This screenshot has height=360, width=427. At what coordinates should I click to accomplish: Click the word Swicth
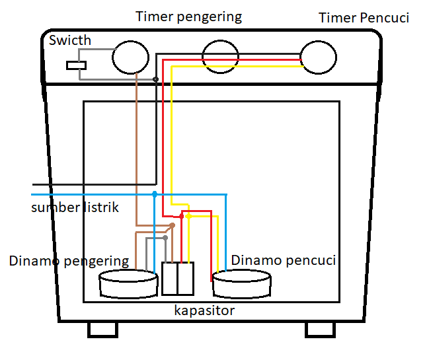click(70, 40)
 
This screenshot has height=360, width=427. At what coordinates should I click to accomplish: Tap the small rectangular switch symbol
click(77, 65)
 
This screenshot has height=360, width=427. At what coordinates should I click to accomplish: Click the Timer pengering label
click(189, 17)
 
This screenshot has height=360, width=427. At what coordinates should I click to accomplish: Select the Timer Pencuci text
click(364, 18)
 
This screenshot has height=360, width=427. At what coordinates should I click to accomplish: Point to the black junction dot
click(155, 79)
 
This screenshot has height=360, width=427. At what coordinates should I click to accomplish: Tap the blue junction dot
click(155, 194)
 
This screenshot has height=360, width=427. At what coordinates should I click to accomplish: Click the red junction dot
click(181, 216)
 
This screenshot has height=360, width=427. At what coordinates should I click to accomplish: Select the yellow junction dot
click(188, 216)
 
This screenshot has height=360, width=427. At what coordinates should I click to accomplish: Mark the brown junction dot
click(173, 225)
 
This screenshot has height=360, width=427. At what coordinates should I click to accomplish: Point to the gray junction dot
click(165, 238)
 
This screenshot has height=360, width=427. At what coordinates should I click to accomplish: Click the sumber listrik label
click(75, 207)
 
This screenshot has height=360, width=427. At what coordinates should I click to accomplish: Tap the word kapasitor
click(204, 310)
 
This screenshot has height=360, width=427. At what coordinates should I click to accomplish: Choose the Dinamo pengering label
click(69, 261)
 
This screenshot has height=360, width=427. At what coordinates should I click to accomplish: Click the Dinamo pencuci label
click(283, 260)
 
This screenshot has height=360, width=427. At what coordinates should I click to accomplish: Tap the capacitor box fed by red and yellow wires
click(186, 279)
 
